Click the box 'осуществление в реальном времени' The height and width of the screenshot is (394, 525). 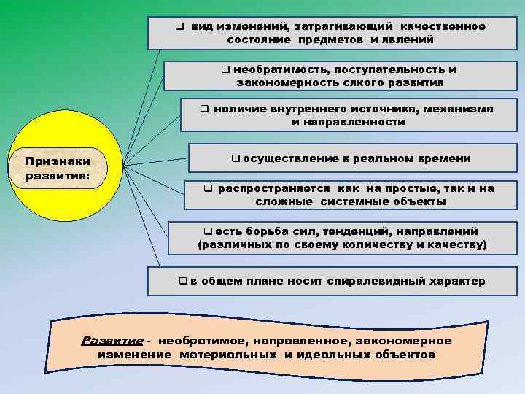[x=350, y=158]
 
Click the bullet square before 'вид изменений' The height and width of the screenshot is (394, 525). [x=178, y=26]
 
